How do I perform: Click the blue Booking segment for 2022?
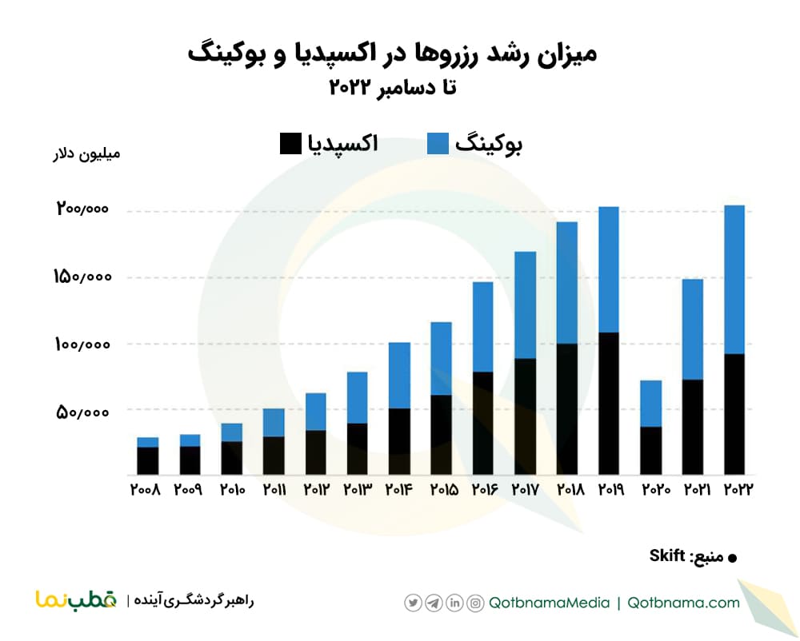coord(734,279)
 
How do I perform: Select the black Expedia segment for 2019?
coord(609,403)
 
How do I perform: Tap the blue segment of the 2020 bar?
coord(650,403)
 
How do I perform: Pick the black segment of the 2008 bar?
coord(147,460)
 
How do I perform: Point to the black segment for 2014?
coord(399,441)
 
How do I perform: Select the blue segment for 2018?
coord(567,282)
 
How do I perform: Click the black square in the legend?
coord(290,144)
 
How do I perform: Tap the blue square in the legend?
coord(437,144)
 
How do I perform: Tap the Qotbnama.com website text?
coord(683,603)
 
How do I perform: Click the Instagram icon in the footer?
coord(475,603)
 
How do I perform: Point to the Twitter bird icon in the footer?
coord(413,603)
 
